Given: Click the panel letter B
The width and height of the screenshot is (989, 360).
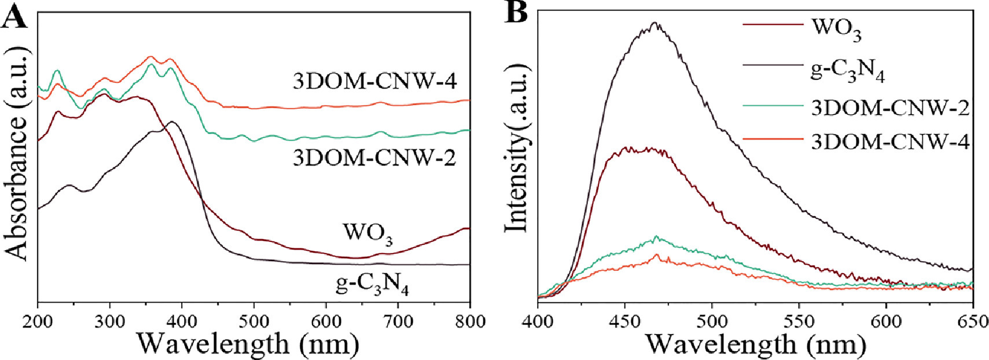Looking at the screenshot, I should tap(517, 13).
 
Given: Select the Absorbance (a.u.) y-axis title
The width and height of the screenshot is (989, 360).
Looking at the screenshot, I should tap(17, 156).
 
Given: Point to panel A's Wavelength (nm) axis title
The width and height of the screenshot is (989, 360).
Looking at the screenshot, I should tap(248, 344).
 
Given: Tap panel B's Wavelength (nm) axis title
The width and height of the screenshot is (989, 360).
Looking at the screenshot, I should tap(755, 344).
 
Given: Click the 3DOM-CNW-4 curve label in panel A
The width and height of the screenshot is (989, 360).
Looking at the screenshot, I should tap(375, 82).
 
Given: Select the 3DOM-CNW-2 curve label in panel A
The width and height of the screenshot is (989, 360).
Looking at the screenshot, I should tap(374, 157).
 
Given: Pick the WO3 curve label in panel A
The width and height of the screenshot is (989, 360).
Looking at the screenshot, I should tap(367, 233).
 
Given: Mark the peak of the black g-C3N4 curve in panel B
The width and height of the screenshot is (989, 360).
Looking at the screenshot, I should tap(655, 23).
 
